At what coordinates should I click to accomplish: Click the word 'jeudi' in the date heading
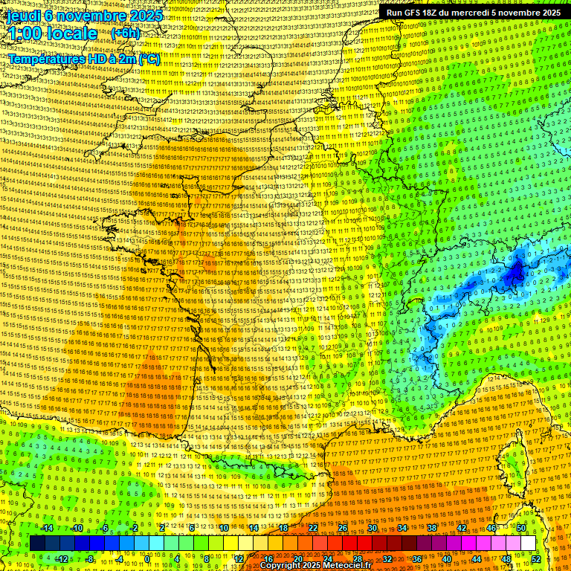[x=22, y=15]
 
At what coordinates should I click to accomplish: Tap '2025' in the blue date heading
[x=146, y=15]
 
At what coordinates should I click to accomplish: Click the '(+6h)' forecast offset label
[x=124, y=33]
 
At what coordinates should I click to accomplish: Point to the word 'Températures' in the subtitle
[x=45, y=59]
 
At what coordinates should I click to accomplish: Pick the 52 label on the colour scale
[x=536, y=559]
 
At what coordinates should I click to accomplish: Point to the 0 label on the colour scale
[x=148, y=559]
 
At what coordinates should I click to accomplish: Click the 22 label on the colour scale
[x=313, y=528]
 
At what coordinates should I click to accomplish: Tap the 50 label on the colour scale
[x=521, y=528]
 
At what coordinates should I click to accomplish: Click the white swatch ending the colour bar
[x=528, y=543]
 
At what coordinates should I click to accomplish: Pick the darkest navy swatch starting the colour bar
[x=38, y=543]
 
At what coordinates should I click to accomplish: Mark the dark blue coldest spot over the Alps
[x=514, y=274]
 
